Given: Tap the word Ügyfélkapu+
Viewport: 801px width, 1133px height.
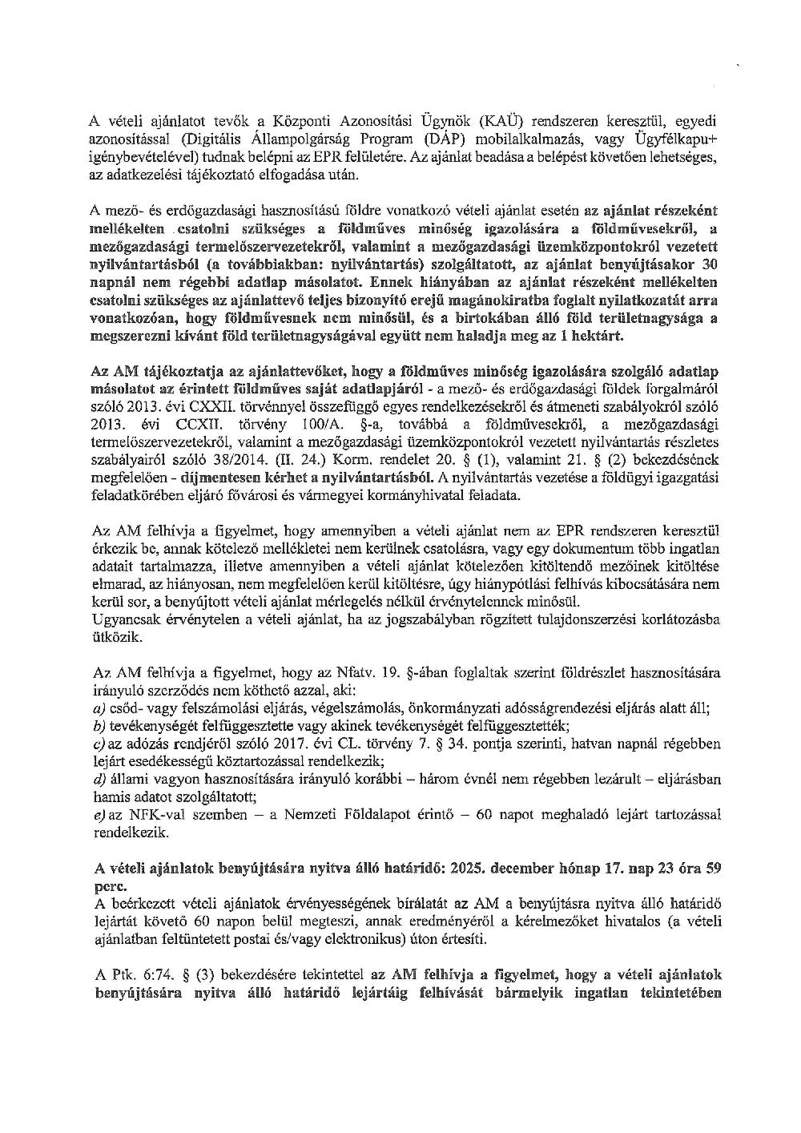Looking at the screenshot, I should click(679, 139).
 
